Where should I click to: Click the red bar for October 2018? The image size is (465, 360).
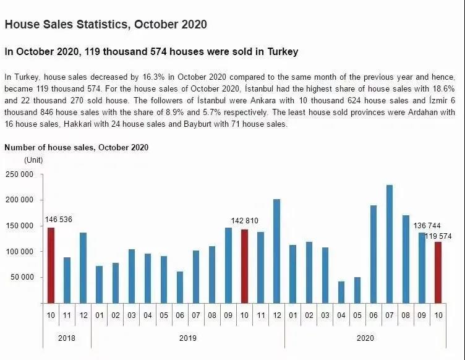[x=51, y=265]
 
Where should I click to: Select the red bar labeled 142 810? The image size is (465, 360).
[x=244, y=267]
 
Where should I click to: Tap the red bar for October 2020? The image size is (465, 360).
[x=438, y=273]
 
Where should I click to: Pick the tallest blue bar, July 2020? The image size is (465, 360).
[x=390, y=244]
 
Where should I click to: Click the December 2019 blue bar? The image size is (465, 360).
[x=276, y=251]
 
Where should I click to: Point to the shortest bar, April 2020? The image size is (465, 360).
[x=341, y=293]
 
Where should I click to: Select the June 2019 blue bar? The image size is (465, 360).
[x=180, y=288]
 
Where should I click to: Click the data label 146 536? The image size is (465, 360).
[x=58, y=220]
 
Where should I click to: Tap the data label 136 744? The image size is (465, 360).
[x=427, y=226]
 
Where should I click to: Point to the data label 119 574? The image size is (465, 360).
[x=438, y=236]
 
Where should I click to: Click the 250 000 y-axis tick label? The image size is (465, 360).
[x=19, y=174]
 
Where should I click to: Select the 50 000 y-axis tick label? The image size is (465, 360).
[x=22, y=277]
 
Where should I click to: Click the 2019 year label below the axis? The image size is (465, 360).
[x=188, y=338]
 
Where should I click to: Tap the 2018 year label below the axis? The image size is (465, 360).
[x=67, y=338]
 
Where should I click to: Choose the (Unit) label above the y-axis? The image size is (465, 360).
[x=33, y=160]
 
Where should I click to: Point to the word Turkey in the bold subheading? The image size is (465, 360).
[x=283, y=51]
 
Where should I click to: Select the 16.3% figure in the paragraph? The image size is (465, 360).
[x=153, y=77]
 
